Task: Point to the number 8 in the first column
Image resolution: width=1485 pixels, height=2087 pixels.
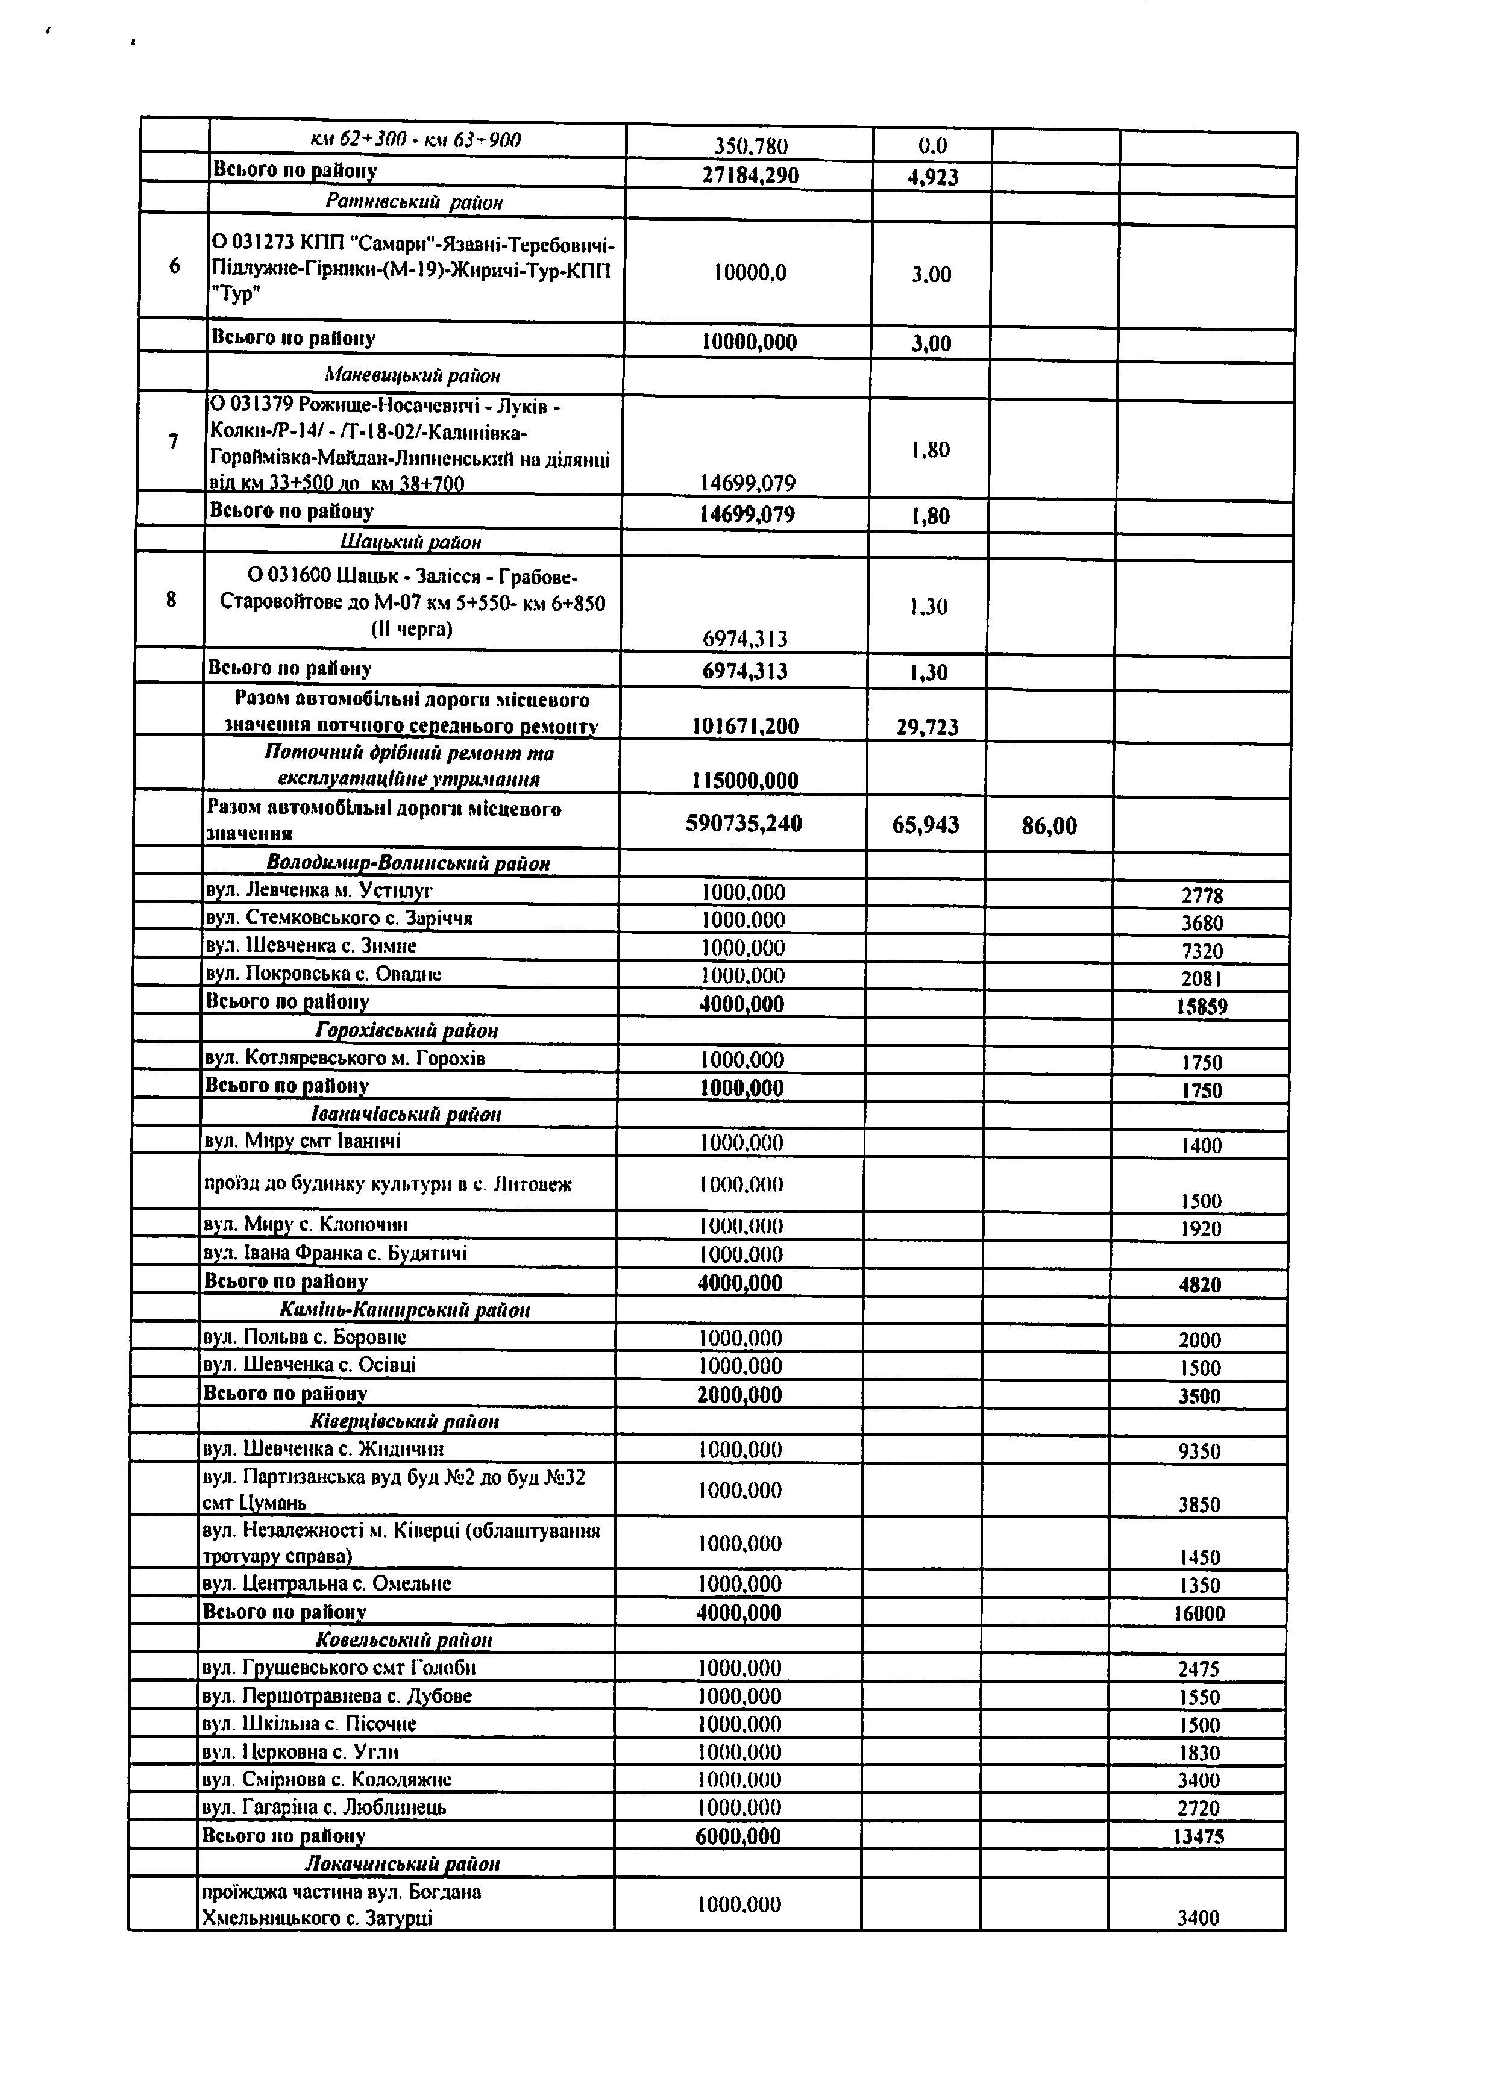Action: pyautogui.click(x=171, y=599)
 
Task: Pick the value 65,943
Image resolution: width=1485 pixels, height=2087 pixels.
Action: pyautogui.click(x=925, y=825)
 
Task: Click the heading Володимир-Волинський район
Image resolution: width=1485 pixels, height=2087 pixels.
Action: pyautogui.click(x=408, y=863)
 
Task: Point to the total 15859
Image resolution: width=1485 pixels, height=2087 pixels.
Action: pyautogui.click(x=1202, y=1007)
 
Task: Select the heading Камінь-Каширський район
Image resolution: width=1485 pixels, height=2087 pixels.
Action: pyautogui.click(x=404, y=1309)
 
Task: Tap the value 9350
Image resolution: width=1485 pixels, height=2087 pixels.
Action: pyautogui.click(x=1200, y=1451)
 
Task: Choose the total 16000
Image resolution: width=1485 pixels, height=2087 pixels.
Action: pyautogui.click(x=1199, y=1615)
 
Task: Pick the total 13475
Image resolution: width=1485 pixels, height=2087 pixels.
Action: pyautogui.click(x=1198, y=1836)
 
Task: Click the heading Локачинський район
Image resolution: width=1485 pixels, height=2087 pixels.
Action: pyautogui.click(x=403, y=1863)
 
